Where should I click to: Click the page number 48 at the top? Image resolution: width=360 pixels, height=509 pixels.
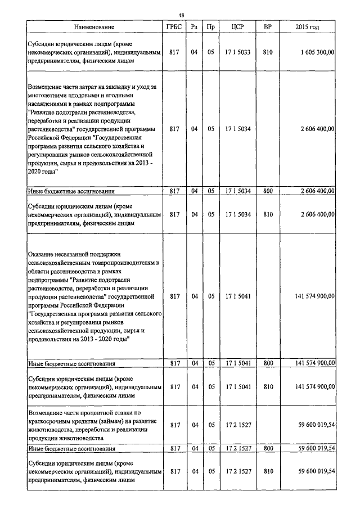181,15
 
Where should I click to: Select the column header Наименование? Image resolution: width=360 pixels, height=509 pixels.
93,27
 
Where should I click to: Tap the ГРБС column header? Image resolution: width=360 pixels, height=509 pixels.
174,27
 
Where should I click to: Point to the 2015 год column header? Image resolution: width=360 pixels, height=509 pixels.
307,27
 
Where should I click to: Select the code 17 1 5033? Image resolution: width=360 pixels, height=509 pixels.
238,52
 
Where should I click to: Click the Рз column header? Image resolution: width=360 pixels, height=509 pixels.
194,27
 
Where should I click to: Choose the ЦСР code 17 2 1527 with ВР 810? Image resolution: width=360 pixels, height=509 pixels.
238,471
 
